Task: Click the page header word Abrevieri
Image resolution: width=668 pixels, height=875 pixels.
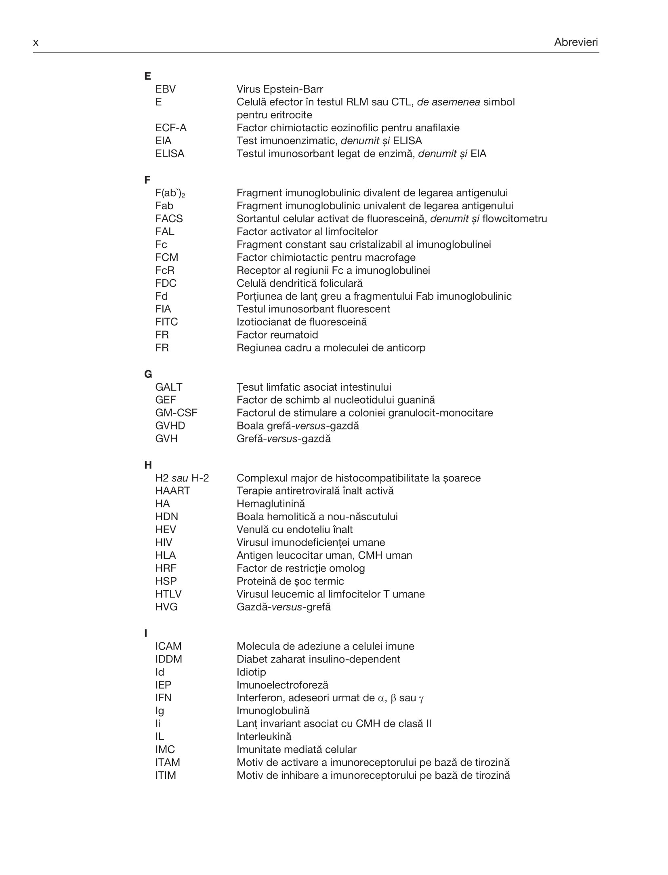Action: (x=576, y=42)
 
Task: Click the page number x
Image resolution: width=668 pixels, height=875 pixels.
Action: (x=36, y=43)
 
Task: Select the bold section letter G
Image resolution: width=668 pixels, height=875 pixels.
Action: (x=148, y=374)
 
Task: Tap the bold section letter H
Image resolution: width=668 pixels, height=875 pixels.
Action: (x=148, y=465)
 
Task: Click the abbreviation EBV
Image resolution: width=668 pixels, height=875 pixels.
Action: (x=166, y=89)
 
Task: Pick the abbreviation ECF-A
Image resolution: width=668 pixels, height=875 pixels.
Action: (x=171, y=128)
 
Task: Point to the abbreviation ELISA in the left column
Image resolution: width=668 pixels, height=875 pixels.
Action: (x=170, y=154)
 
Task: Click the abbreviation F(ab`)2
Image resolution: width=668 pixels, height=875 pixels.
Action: (x=170, y=194)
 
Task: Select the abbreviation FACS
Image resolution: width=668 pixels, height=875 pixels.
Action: (x=169, y=219)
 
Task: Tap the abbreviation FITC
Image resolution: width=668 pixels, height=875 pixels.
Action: (x=166, y=322)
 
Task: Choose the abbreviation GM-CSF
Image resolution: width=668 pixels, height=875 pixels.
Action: (x=176, y=413)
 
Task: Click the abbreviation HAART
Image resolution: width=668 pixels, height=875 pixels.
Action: (x=172, y=491)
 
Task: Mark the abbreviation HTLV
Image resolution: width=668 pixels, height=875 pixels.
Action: (x=168, y=594)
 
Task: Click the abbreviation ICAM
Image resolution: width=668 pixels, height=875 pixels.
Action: (x=168, y=646)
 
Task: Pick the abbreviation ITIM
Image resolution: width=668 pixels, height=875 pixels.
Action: (x=166, y=775)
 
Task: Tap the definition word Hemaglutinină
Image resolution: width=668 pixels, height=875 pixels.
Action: (x=271, y=504)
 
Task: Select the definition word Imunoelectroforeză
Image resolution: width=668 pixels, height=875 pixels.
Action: (x=282, y=685)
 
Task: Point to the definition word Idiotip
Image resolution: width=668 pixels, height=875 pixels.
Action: (x=251, y=672)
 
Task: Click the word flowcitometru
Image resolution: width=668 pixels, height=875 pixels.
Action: (x=515, y=219)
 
